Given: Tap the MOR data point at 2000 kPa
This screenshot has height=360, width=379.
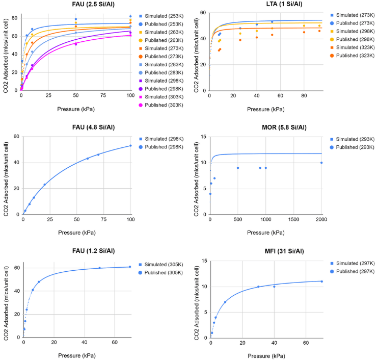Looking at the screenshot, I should (x=321, y=163).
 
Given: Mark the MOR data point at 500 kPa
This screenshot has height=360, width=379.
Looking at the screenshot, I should (x=238, y=168).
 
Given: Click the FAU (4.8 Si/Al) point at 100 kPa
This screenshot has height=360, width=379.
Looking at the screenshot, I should (x=130, y=145).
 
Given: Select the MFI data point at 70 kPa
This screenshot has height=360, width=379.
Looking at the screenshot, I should (x=321, y=281).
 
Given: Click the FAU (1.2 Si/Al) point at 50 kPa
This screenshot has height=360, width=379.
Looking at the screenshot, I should (x=100, y=268).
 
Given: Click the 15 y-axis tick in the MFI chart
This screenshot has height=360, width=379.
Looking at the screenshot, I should (x=204, y=261).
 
